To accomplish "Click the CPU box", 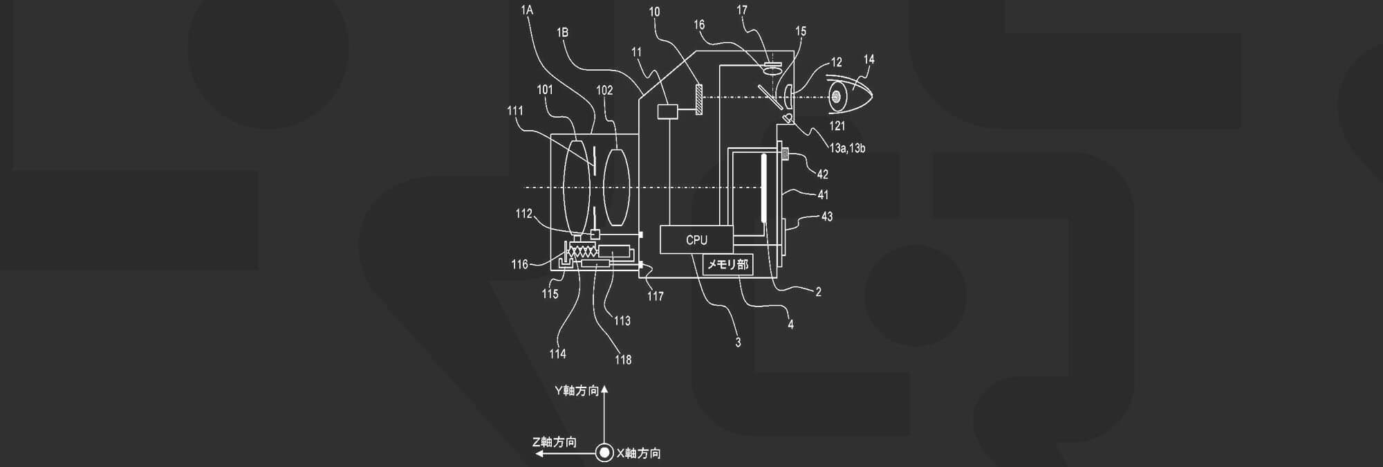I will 696,240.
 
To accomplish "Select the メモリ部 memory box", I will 727,264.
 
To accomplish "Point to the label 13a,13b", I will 847,148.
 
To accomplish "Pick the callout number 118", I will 623,360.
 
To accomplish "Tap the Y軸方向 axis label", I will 576,391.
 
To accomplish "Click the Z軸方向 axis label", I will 555,442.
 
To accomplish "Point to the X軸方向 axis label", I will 638,453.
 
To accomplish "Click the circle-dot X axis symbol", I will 604,453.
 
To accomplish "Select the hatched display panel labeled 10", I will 699,99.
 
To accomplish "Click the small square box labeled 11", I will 668,111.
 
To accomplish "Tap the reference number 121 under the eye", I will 837,126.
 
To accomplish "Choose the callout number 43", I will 827,217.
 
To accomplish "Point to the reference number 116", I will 519,264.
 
